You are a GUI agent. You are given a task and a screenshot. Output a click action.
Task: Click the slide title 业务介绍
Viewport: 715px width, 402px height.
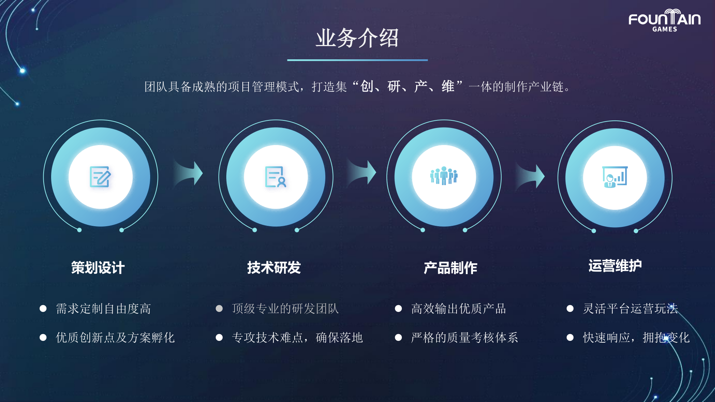(x=357, y=38)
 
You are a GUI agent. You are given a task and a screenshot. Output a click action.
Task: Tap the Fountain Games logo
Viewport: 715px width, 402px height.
(x=665, y=21)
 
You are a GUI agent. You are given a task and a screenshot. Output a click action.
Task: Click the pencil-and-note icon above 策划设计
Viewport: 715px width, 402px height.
(x=100, y=177)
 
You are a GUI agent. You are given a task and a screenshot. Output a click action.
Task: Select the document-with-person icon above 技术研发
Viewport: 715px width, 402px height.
(x=276, y=177)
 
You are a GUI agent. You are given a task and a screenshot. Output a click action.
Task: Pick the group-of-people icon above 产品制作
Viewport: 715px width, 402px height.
(x=444, y=175)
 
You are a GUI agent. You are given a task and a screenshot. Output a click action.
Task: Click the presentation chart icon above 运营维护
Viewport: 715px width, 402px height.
(x=615, y=177)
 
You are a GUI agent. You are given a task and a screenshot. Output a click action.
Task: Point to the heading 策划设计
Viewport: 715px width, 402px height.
(x=98, y=268)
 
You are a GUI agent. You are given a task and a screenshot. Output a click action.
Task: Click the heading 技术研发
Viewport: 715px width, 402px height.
(x=274, y=268)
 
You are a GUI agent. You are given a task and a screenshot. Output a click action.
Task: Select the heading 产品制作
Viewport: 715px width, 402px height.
(x=450, y=268)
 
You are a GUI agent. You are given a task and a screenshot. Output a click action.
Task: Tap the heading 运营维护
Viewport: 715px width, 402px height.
(x=615, y=266)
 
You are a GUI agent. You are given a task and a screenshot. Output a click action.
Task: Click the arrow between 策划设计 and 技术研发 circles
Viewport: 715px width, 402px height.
(x=188, y=173)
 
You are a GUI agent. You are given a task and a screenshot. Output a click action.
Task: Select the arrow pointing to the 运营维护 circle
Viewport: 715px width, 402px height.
(x=530, y=176)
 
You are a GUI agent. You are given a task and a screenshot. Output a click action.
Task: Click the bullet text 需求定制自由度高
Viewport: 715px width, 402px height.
(x=103, y=309)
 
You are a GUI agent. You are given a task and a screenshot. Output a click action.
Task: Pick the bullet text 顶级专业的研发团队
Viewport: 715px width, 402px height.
(x=285, y=309)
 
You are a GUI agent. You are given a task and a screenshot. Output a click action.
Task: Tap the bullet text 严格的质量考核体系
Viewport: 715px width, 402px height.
(x=464, y=338)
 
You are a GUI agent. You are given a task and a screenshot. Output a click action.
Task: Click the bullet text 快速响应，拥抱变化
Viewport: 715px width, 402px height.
(x=636, y=338)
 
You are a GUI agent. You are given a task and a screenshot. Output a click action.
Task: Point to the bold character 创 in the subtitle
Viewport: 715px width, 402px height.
(x=367, y=86)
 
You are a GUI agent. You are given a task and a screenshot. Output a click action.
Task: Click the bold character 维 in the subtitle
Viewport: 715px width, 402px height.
(x=448, y=86)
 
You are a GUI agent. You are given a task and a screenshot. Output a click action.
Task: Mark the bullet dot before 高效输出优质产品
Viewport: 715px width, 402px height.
(x=398, y=308)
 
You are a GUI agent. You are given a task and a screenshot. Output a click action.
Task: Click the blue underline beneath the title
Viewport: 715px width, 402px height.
(x=357, y=60)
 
